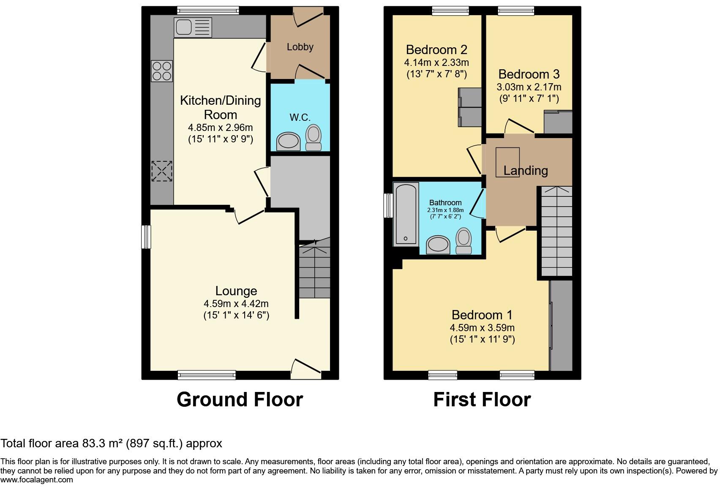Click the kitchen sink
[193, 27]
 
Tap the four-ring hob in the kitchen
[162, 71]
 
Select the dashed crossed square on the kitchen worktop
[162, 171]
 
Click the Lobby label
[300, 47]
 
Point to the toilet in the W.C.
[314, 138]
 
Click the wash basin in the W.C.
[288, 141]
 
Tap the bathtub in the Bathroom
[406, 215]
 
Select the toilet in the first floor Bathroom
[464, 241]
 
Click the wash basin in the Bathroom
[438, 245]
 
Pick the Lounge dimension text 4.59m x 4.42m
[236, 304]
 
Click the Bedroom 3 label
[529, 74]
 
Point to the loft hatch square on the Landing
[507, 162]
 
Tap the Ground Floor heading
[240, 400]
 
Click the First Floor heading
[482, 400]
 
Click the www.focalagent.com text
[36, 480]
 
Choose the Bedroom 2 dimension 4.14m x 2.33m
[436, 63]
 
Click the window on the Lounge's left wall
[146, 237]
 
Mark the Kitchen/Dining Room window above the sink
[208, 11]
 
